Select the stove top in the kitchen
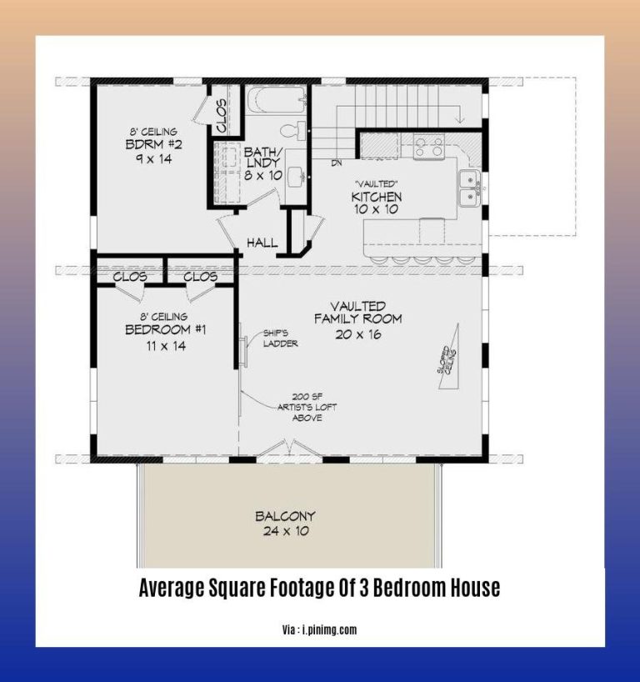(428, 147)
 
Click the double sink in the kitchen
(469, 188)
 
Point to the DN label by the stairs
(337, 163)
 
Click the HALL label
(262, 243)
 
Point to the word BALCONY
(285, 515)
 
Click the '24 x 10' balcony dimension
(285, 530)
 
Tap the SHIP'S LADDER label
(280, 338)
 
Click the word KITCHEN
(377, 197)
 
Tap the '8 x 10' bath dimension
(263, 176)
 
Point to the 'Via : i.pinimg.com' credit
(319, 630)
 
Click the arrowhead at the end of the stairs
(460, 119)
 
